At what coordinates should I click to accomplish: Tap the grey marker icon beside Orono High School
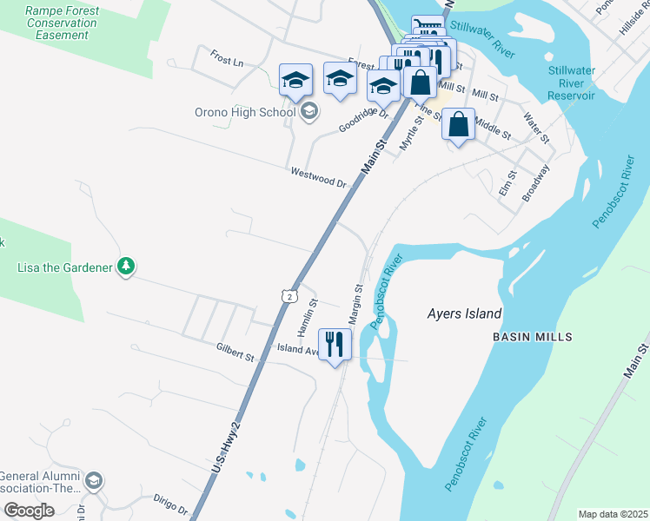[309, 111]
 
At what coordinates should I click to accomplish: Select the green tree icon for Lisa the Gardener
[127, 267]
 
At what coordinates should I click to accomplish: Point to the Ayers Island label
[465, 313]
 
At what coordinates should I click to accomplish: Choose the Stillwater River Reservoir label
[572, 82]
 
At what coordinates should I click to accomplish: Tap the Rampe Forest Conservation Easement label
[62, 23]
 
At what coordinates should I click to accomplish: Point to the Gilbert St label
[235, 352]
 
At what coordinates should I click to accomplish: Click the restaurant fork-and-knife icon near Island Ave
[335, 344]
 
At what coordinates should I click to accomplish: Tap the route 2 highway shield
[288, 296]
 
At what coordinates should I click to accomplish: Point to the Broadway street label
[536, 183]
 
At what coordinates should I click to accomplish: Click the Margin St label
[356, 304]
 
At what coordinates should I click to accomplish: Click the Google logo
[30, 510]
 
